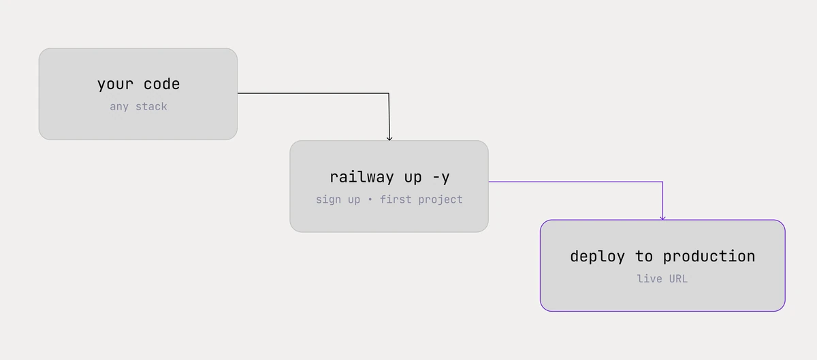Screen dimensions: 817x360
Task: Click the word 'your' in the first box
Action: click(x=115, y=84)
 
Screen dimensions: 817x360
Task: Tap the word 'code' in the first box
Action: click(x=161, y=84)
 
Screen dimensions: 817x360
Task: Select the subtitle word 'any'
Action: click(x=119, y=107)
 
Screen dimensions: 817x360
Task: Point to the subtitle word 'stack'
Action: click(x=151, y=107)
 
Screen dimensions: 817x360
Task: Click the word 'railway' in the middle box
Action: click(x=362, y=177)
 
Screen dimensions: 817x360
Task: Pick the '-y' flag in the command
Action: click(x=441, y=178)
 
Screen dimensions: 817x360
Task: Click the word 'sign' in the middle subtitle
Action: click(x=328, y=200)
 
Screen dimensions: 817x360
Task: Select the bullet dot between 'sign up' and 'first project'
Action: click(x=370, y=199)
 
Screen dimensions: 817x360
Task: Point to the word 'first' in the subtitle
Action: click(x=396, y=199)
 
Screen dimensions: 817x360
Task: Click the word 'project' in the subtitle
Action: click(x=440, y=200)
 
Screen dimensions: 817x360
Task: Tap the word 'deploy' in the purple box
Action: click(x=598, y=257)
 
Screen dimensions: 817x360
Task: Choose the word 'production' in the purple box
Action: click(x=709, y=257)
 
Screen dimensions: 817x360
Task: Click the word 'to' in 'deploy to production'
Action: click(x=644, y=257)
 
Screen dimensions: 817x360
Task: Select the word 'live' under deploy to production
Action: click(x=650, y=278)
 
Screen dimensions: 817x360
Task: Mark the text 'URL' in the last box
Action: click(x=678, y=278)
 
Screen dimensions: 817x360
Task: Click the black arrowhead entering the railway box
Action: click(x=389, y=138)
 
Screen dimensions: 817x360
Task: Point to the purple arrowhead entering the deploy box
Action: click(x=662, y=218)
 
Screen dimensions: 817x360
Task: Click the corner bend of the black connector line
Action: click(x=389, y=93)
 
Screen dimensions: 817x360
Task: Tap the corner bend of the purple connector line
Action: click(x=662, y=182)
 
